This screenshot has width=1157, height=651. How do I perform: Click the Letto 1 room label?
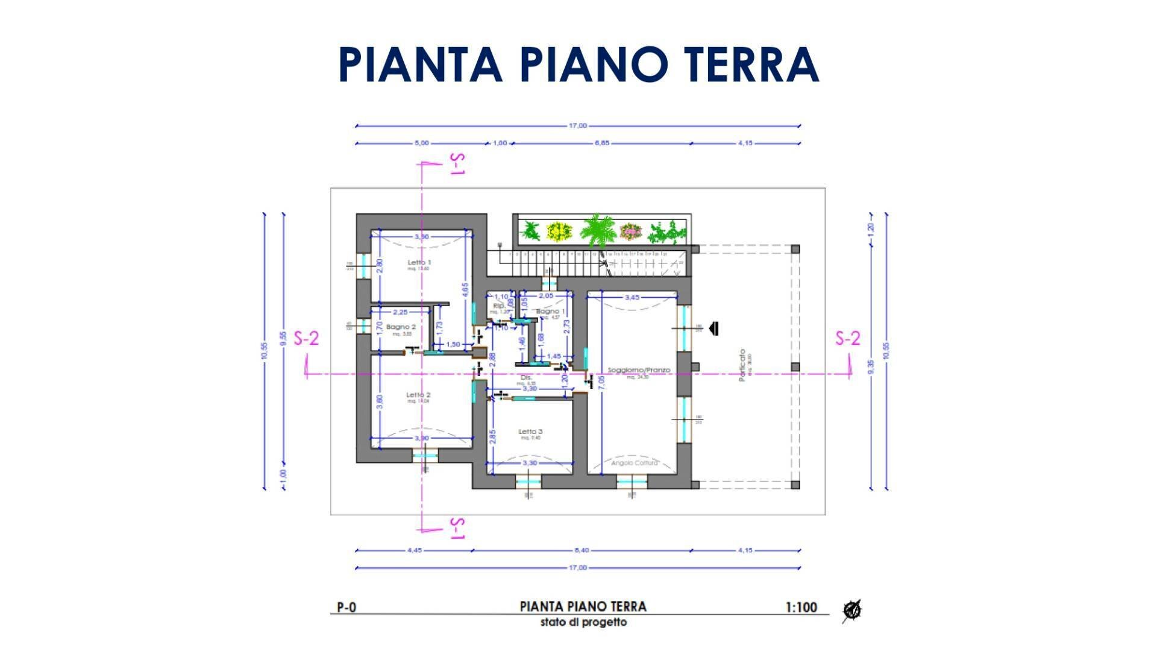coord(419,263)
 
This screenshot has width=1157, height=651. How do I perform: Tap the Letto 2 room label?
coord(418,395)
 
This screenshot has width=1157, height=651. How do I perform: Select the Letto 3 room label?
coord(531,432)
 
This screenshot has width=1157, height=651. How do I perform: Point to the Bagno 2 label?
coord(401,327)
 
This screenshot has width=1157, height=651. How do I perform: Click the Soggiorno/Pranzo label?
coord(639,370)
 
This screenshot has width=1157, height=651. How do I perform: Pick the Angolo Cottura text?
coord(635,463)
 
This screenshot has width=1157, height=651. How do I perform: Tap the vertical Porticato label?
coord(742,365)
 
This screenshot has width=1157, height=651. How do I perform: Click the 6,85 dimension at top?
coord(602,143)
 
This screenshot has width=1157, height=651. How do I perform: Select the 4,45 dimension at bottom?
coord(415,550)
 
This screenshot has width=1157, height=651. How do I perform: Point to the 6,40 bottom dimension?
coord(582,550)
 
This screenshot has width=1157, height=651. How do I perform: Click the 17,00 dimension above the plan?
coord(577,126)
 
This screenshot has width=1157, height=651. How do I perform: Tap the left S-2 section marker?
coord(306,339)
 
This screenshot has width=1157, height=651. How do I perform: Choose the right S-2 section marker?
coord(847,339)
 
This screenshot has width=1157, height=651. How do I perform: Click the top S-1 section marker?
coord(457,164)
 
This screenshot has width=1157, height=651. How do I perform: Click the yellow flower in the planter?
coord(559,231)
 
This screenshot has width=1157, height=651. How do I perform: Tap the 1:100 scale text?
coord(801,608)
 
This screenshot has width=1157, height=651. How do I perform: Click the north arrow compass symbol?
coord(852,610)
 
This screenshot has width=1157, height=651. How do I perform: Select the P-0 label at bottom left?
coord(346,608)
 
